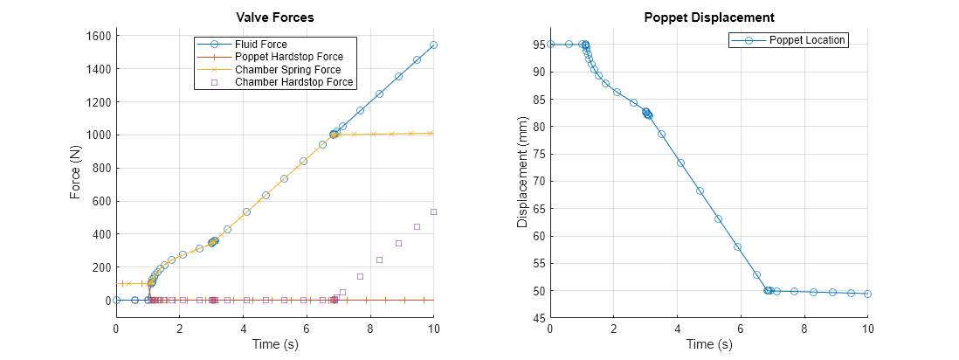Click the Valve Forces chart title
click(x=275, y=17)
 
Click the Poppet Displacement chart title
click(x=708, y=17)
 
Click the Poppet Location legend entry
click(x=806, y=40)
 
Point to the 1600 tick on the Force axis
click(x=97, y=36)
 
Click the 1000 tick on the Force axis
click(x=97, y=135)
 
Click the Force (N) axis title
click(x=77, y=172)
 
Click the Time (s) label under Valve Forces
click(x=275, y=344)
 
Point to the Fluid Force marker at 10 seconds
click(x=433, y=45)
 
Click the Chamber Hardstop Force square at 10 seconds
click(x=433, y=211)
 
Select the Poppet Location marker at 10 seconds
click(x=867, y=294)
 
